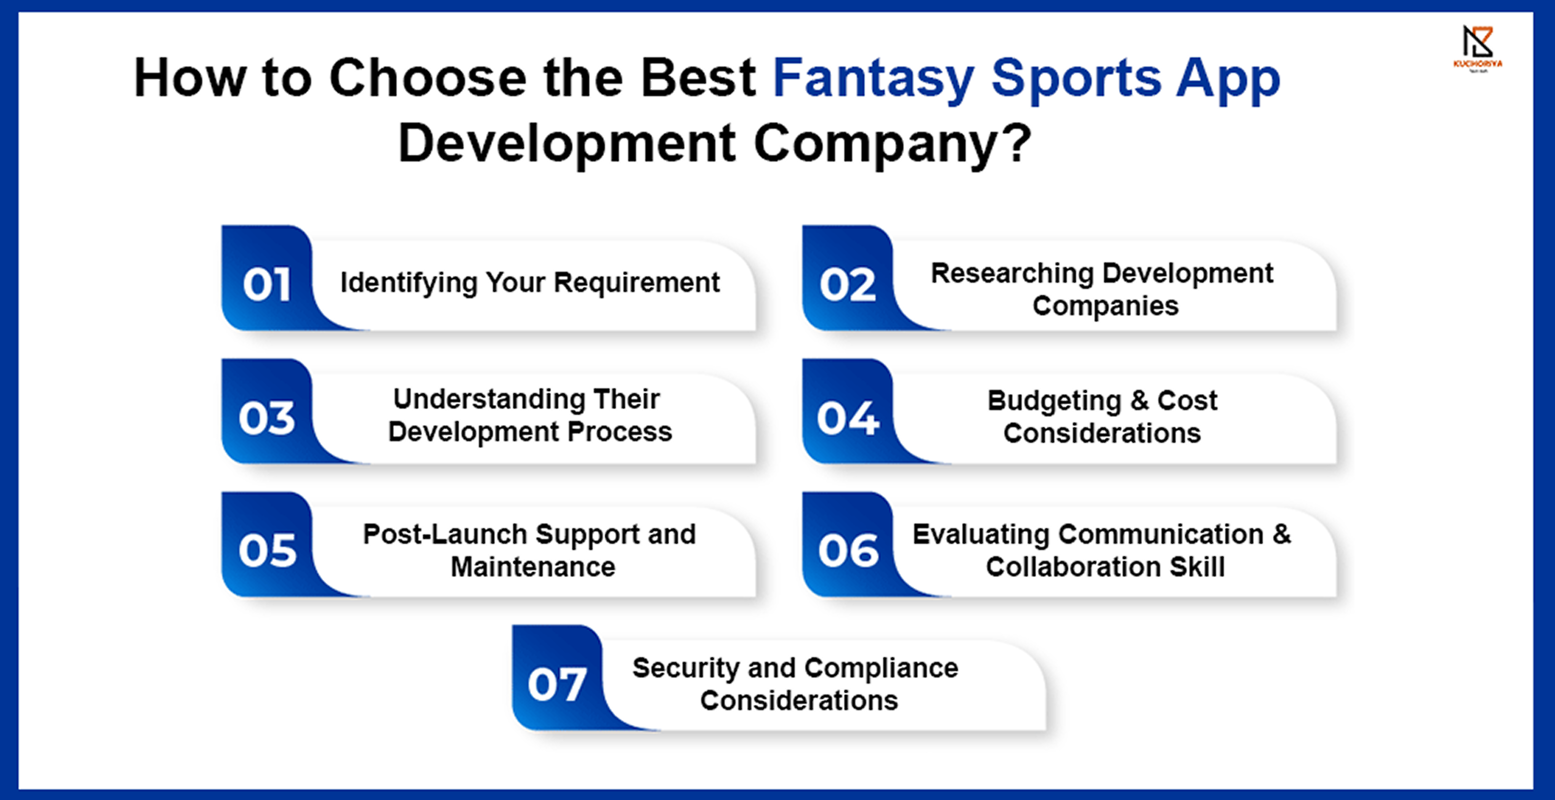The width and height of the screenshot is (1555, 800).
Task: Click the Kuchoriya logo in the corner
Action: point(1477,48)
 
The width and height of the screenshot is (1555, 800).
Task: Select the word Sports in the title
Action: point(1076,79)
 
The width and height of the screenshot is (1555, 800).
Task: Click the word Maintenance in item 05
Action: point(533,567)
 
